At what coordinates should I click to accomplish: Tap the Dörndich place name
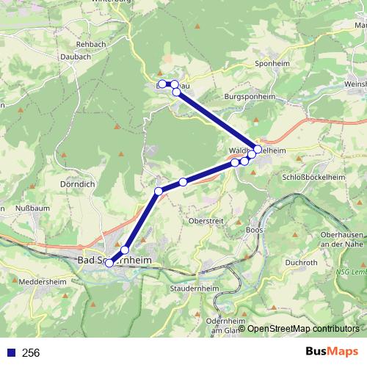(x=77, y=185)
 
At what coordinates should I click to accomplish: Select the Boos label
(x=255, y=230)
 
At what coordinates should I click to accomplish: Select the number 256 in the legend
(x=31, y=353)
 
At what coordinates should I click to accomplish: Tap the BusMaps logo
(x=332, y=352)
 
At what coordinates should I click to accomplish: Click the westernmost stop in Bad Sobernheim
(x=109, y=263)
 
